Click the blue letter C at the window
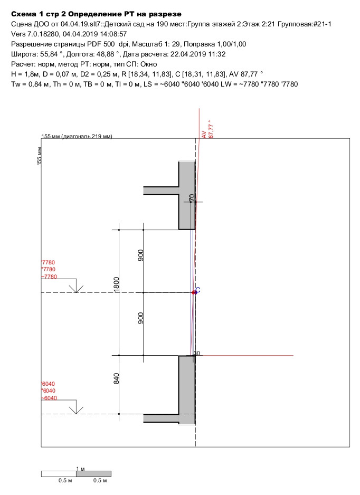point(198,290)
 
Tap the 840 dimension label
point(117,378)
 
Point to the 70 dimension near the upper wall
point(192,198)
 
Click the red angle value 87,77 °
point(211,129)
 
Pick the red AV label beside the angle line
point(204,135)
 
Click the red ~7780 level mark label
point(49,277)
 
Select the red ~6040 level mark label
point(49,398)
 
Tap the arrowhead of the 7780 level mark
point(77,292)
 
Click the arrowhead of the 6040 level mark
point(77,413)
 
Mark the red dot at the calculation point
point(193,293)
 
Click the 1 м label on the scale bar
point(80,469)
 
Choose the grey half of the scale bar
point(94,474)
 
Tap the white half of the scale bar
point(59,474)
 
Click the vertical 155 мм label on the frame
point(39,156)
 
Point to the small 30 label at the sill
point(197,353)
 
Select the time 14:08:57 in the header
point(113,34)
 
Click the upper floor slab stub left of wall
point(161,191)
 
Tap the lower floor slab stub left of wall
point(161,418)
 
